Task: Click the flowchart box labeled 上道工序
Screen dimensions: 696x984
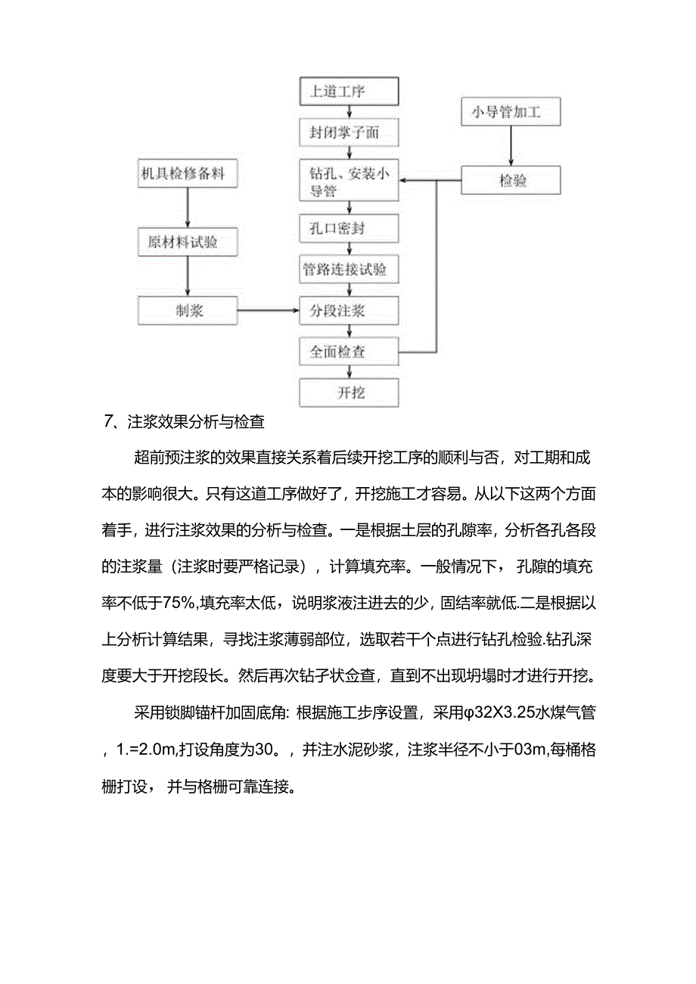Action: tap(349, 92)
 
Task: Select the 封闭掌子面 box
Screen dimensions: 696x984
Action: tap(349, 133)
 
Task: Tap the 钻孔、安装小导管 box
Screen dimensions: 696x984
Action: tap(349, 182)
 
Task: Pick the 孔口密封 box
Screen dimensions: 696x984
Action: tap(349, 228)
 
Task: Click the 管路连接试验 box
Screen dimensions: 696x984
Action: tap(349, 269)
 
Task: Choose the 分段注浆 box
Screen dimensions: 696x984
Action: tap(349, 310)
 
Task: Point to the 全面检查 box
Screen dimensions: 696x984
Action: tap(349, 352)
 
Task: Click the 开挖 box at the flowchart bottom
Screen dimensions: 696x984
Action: tap(349, 393)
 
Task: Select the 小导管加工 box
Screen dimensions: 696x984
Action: tap(511, 113)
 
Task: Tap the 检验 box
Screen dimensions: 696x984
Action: tap(511, 181)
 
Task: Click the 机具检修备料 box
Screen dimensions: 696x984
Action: tap(187, 174)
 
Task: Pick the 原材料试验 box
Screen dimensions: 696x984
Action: tap(187, 242)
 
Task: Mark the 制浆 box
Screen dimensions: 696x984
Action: tap(187, 310)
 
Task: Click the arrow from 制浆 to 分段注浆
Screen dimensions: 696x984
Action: tap(268, 310)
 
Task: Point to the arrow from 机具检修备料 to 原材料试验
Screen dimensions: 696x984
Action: tap(187, 208)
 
